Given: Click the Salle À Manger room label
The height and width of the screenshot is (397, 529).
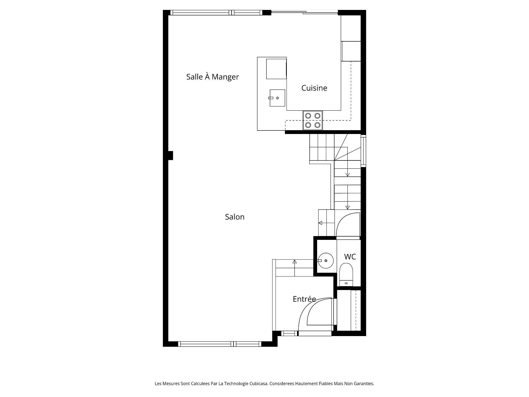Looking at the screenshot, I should click(212, 77).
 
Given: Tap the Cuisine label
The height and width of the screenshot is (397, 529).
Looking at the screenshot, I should click(314, 88).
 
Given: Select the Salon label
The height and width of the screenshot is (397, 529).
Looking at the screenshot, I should click(235, 217).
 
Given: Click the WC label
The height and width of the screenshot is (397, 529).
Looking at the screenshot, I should click(350, 257).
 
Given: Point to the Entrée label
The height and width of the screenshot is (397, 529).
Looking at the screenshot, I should click(304, 299).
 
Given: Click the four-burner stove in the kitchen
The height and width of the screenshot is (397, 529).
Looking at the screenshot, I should click(313, 120).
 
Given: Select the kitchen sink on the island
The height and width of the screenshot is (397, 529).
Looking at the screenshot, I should click(277, 98).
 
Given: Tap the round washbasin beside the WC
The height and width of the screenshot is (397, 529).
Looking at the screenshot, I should click(326, 261).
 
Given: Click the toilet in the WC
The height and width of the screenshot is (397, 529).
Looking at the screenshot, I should click(346, 274).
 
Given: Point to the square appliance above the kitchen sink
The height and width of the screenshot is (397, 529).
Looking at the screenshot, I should click(276, 69).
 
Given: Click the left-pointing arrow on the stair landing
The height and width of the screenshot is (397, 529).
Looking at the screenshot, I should click(321, 223).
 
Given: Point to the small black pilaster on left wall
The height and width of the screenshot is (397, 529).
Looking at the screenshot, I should click(171, 155).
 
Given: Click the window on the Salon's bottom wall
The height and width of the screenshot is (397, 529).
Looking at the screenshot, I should click(219, 344).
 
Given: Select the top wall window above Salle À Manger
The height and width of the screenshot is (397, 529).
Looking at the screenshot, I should click(216, 12).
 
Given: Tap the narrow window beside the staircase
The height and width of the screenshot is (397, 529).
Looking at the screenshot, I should click(363, 151).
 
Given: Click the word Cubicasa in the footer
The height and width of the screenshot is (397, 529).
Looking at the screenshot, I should click(258, 383).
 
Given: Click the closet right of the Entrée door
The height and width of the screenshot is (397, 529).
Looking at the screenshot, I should click(349, 310).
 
